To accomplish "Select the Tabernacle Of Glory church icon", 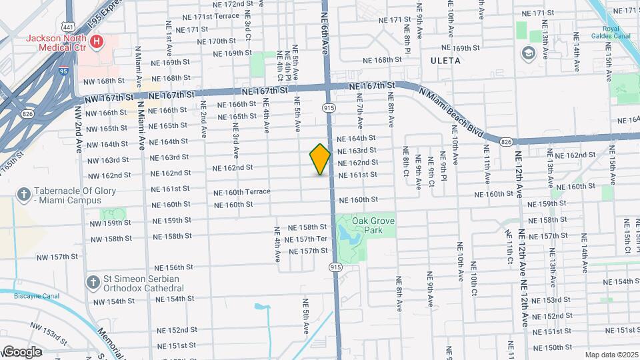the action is [x=23, y=194].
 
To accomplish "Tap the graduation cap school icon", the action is [x=529, y=53].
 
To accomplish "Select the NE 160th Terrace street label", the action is [x=241, y=192].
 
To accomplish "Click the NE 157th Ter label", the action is [x=306, y=239].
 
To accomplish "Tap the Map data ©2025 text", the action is [x=611, y=355].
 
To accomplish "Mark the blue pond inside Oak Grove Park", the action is [x=347, y=234].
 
